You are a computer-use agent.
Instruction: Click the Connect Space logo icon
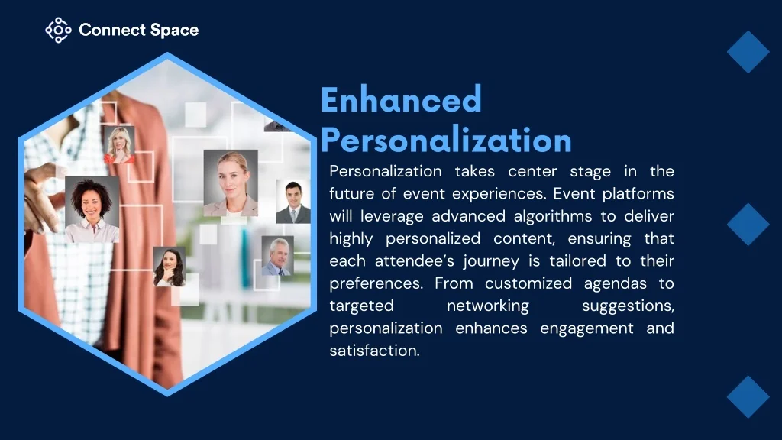coord(58,30)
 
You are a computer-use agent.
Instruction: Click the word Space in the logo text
coord(174,31)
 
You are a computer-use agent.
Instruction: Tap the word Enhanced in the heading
coord(401,100)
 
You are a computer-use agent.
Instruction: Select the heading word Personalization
coord(446,140)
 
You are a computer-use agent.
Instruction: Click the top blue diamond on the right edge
coord(748,52)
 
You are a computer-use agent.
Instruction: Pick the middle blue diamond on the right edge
coord(748,225)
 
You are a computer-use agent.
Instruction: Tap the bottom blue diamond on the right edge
coord(748,397)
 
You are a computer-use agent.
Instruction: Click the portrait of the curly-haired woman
coord(92,209)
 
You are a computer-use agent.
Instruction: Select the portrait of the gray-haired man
coord(278,256)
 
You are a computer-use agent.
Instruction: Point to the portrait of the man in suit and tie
coord(293,202)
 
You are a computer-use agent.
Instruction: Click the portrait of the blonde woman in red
coord(119,144)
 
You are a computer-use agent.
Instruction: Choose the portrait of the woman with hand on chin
coord(170,267)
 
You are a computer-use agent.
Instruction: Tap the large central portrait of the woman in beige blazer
coord(231,183)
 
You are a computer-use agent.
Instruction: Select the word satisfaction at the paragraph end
coord(374,351)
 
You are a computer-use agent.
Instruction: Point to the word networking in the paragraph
coord(488,306)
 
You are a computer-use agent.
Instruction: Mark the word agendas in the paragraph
coord(616,284)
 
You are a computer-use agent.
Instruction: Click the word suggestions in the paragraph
coord(629,306)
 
